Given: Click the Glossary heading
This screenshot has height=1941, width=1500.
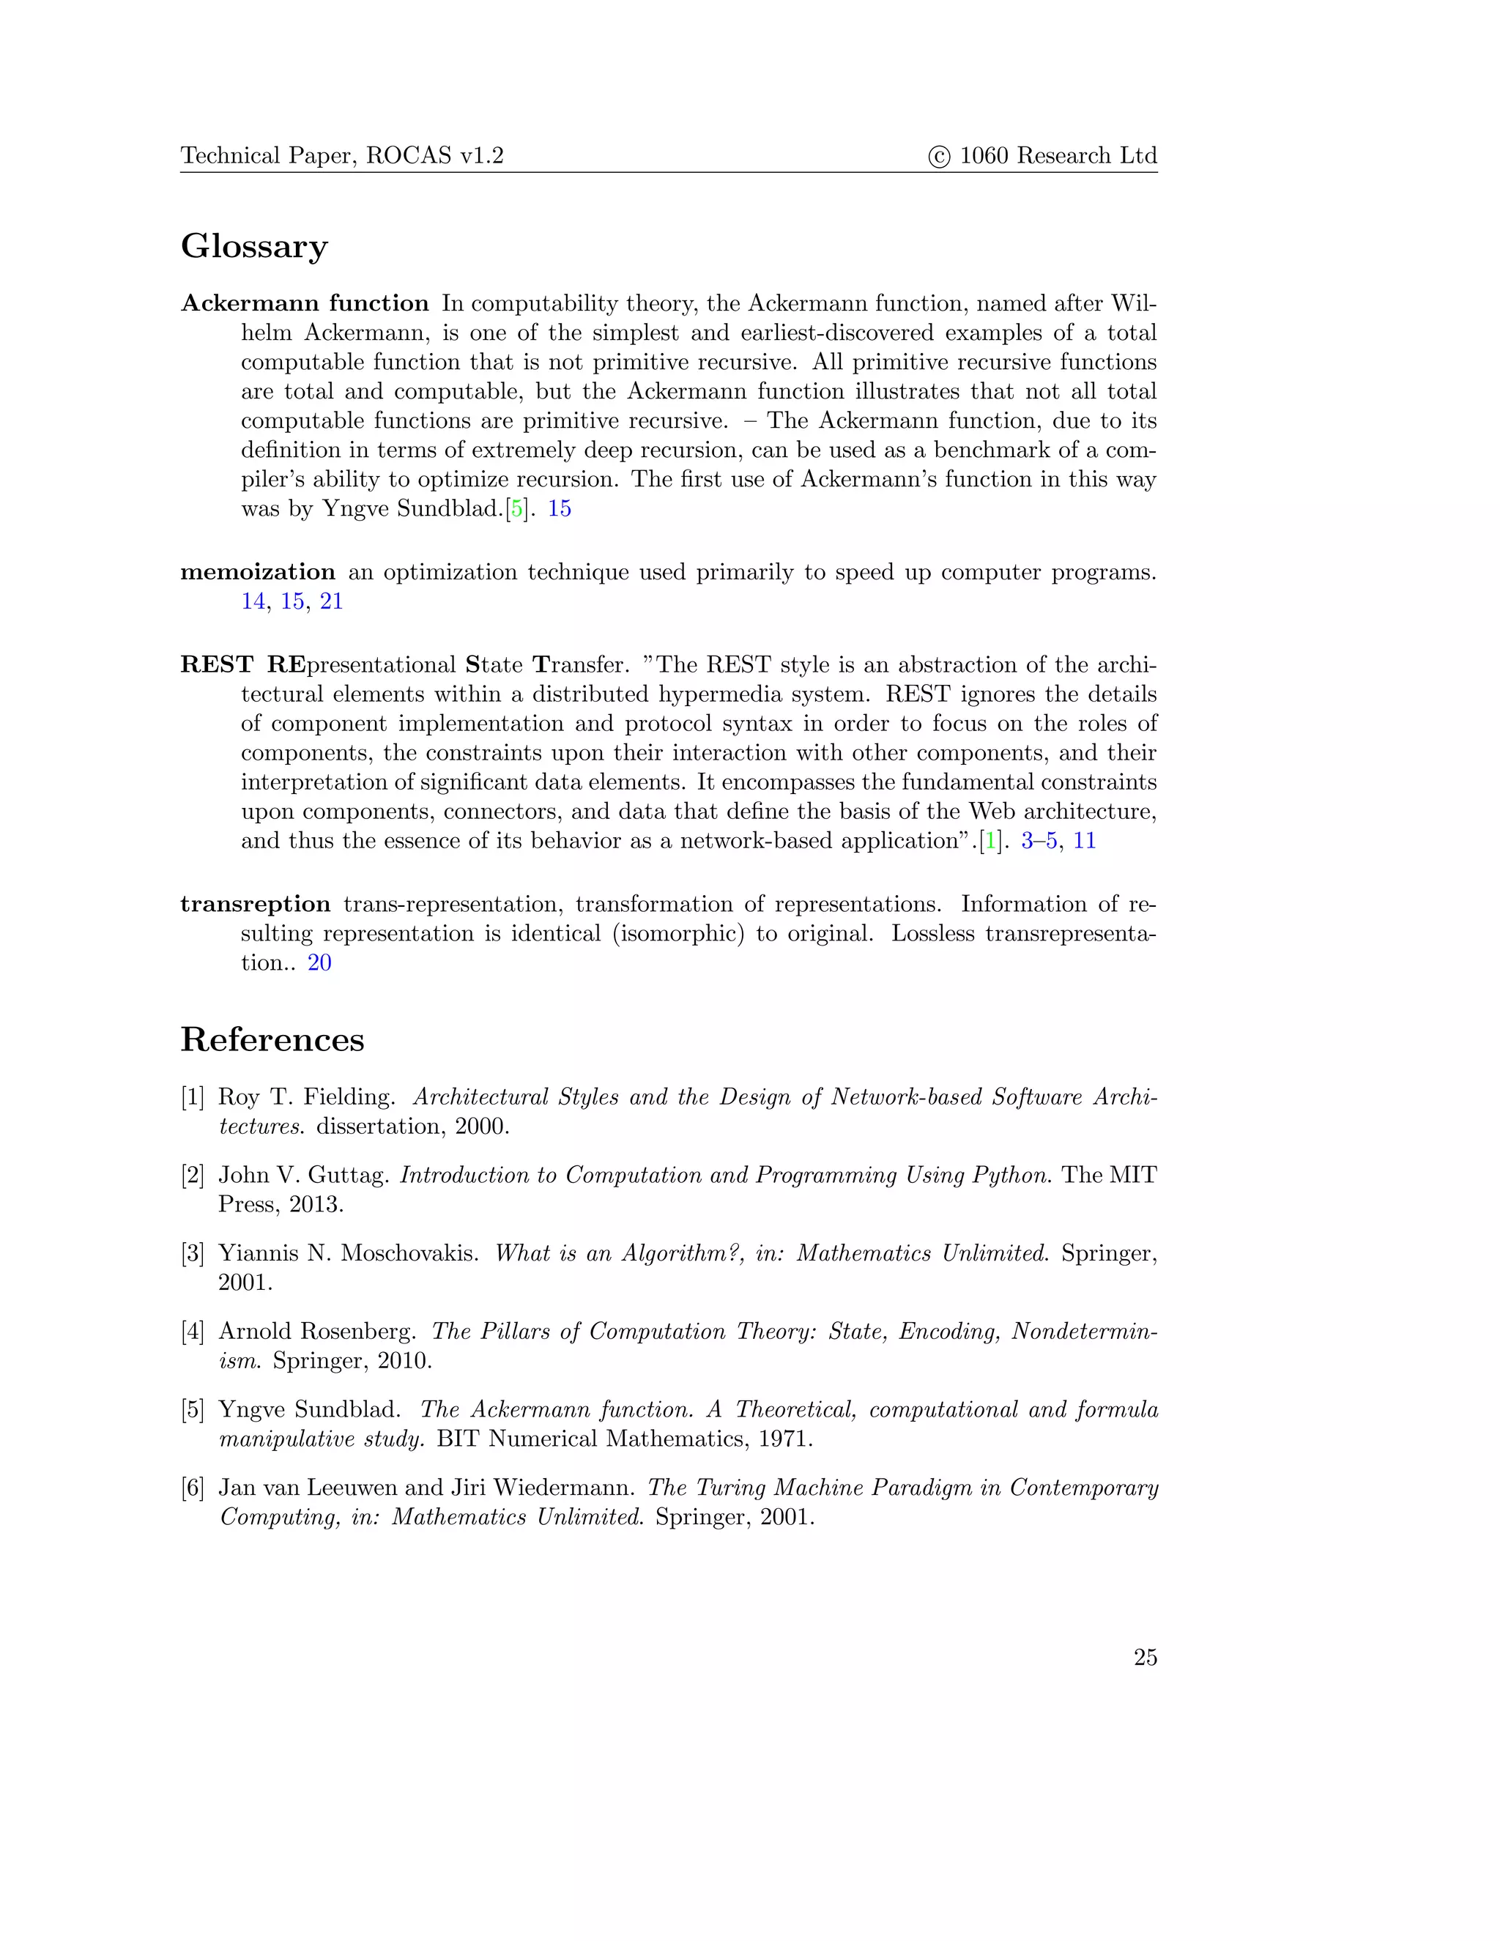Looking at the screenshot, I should [254, 246].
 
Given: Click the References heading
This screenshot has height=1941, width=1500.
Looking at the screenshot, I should [272, 1039].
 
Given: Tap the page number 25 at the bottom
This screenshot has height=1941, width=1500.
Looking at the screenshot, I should [1145, 1657].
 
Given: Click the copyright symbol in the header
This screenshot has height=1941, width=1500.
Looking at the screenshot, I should [939, 157].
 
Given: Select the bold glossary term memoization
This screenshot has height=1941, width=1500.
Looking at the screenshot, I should [258, 571].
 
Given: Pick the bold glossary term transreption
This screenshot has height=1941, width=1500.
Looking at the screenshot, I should [255, 904].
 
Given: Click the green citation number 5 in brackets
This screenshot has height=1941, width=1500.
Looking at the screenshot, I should [516, 508].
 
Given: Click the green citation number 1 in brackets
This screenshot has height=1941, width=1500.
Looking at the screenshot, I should [991, 841].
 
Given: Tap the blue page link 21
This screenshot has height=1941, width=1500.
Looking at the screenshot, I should [332, 601].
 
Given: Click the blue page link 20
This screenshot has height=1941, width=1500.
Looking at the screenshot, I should [319, 962].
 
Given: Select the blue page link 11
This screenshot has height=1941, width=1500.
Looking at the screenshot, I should [1084, 841].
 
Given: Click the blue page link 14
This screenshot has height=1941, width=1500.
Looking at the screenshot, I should [253, 601].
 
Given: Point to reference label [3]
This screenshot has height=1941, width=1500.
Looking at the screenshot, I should [193, 1253].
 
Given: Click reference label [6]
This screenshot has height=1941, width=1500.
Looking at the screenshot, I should [193, 1488].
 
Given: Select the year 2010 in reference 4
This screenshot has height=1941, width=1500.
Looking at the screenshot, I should [404, 1361].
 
